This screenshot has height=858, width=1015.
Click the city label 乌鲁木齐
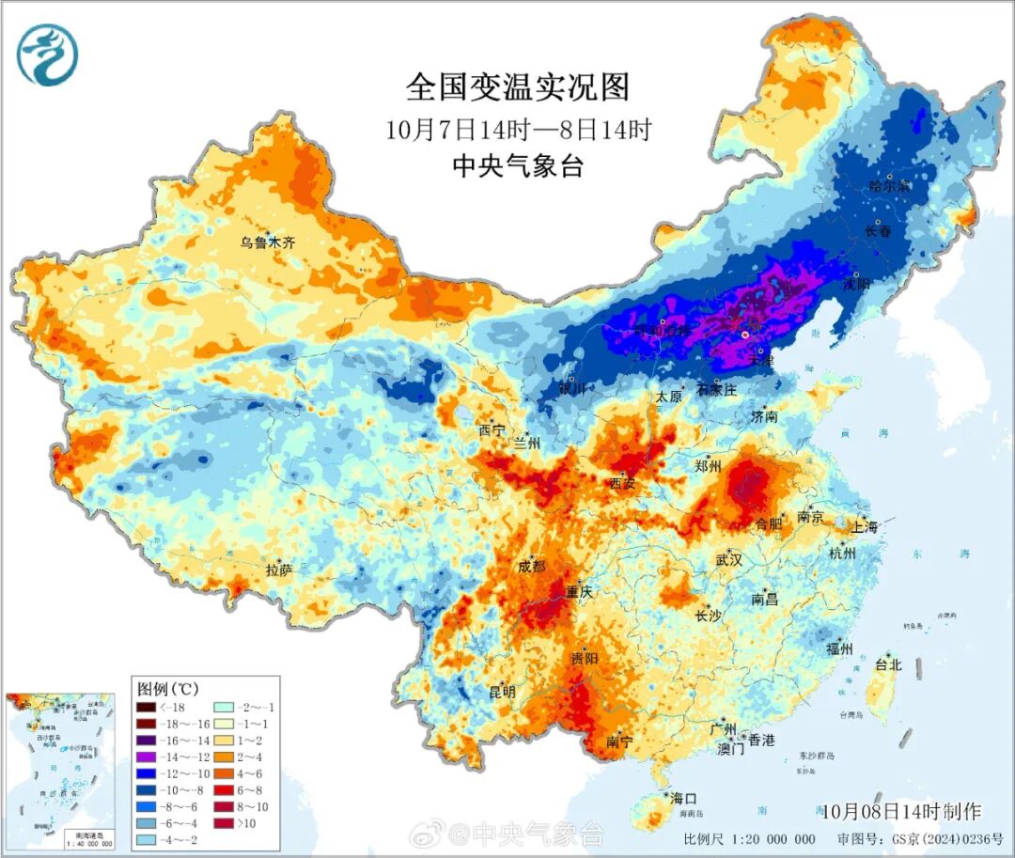267,242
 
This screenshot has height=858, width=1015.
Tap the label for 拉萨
279,569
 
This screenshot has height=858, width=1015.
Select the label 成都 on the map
531,566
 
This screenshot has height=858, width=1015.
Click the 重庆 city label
578,592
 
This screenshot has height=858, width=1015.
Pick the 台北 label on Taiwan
888,664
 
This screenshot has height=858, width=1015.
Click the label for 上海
864,527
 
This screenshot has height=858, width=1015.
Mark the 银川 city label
571,388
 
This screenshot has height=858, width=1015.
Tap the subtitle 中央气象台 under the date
518,166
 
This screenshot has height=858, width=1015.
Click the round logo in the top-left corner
47,55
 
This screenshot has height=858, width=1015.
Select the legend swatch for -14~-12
146,757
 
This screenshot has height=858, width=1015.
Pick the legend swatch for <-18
146,707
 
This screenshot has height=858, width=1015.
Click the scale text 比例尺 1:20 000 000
749,839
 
